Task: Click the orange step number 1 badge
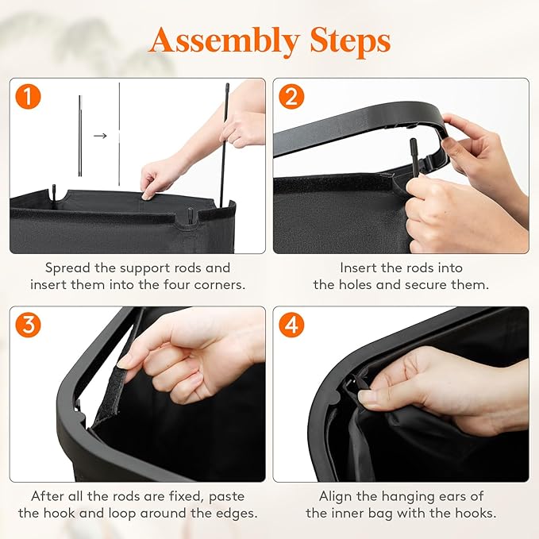[29, 97]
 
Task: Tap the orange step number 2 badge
[291, 97]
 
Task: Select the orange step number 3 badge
[29, 325]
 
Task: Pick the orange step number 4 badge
[291, 325]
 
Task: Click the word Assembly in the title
[225, 41]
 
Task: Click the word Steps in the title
[350, 41]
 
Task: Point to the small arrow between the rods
[100, 136]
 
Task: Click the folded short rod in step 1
[80, 136]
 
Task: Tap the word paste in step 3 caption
[226, 497]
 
